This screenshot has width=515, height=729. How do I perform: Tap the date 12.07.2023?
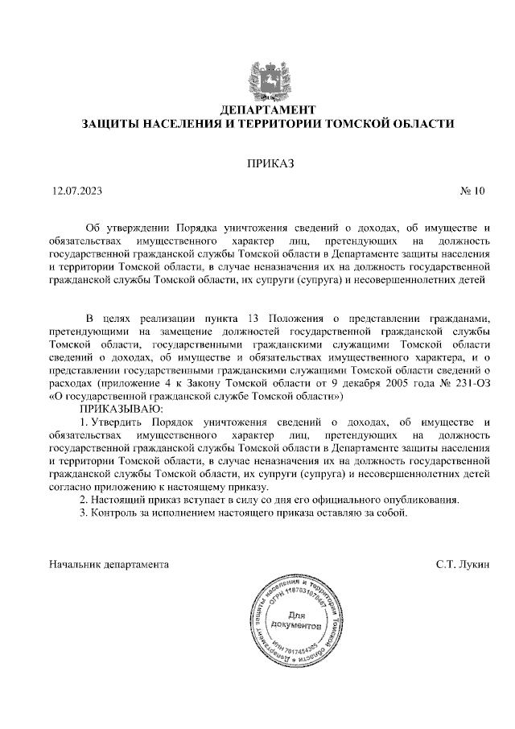point(76,192)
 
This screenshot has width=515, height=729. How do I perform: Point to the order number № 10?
point(473,192)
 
